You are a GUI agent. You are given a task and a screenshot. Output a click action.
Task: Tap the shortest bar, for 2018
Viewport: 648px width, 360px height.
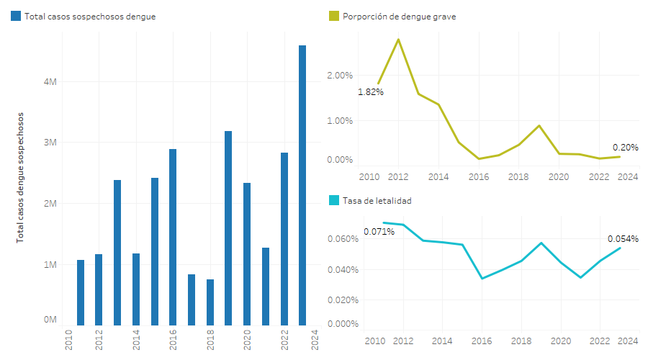(210, 302)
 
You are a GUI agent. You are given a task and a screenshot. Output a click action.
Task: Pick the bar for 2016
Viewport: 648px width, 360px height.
(173, 238)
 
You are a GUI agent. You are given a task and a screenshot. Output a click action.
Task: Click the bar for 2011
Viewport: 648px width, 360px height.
(81, 292)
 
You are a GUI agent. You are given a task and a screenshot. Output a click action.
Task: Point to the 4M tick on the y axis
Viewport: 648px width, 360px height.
(50, 82)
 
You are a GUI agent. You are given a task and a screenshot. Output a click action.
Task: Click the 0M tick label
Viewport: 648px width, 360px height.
(50, 319)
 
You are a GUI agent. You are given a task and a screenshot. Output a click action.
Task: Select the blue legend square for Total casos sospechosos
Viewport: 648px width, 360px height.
(16, 16)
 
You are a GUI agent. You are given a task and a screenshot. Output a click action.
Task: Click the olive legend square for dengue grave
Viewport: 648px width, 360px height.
(333, 16)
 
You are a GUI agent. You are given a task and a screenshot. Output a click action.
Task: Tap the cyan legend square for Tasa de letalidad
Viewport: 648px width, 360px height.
(333, 200)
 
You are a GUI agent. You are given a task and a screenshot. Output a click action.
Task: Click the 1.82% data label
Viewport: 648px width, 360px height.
(371, 92)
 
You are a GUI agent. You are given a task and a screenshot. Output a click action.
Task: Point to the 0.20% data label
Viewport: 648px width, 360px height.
(626, 147)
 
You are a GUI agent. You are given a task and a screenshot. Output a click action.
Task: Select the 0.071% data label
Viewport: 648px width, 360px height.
(379, 232)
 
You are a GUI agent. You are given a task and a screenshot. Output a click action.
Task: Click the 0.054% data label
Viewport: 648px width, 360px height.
(623, 239)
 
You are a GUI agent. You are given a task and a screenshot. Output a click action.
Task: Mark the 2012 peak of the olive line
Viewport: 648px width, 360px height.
(398, 40)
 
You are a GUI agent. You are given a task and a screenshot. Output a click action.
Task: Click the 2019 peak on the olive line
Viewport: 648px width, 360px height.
(539, 125)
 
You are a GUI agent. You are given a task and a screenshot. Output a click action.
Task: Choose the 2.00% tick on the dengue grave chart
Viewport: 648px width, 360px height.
(340, 75)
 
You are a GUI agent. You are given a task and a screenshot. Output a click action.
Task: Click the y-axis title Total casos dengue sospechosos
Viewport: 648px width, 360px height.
(20, 176)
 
